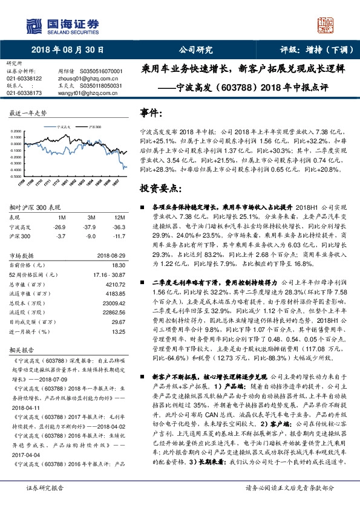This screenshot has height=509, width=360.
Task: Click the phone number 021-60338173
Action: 24,93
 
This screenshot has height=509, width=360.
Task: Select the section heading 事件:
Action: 151,112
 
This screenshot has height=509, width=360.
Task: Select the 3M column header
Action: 91,216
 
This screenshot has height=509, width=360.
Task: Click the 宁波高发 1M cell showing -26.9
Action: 60,227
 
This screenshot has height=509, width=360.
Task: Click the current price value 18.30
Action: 119,265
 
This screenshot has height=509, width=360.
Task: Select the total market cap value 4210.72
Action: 115,284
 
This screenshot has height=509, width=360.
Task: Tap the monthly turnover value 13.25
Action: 119,331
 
